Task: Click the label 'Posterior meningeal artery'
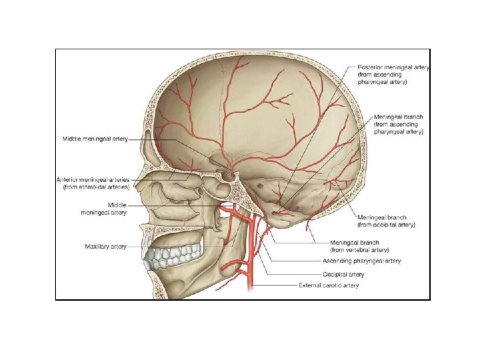(393, 67)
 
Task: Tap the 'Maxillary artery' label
(105, 247)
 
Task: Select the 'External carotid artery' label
(329, 285)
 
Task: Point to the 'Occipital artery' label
(343, 274)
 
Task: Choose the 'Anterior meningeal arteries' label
(93, 180)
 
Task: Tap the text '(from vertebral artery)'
(360, 249)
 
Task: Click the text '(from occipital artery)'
(387, 225)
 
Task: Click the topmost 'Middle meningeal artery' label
(95, 139)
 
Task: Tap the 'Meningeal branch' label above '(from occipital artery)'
(382, 217)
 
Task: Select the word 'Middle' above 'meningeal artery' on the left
(117, 205)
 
